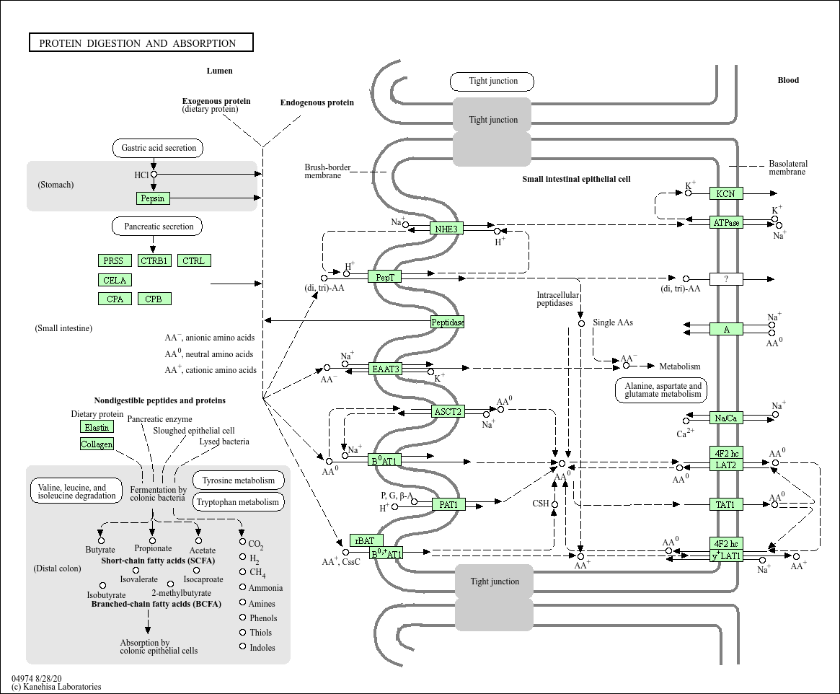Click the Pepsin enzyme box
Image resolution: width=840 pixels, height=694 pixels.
click(x=153, y=198)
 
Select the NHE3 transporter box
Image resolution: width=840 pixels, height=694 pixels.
click(x=446, y=229)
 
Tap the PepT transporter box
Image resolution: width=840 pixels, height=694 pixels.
click(x=385, y=276)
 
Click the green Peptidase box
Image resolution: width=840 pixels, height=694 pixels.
click(x=448, y=322)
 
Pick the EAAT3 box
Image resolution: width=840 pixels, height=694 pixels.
click(x=385, y=369)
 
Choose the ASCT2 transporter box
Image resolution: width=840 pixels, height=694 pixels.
click(x=448, y=412)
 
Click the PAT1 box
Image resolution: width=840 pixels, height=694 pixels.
click(x=448, y=504)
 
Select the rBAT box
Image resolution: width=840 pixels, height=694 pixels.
click(x=366, y=540)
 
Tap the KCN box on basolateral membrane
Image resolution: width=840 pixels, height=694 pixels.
click(x=726, y=193)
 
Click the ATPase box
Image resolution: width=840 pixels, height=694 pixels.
click(x=726, y=222)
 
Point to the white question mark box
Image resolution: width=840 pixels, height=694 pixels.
click(x=726, y=278)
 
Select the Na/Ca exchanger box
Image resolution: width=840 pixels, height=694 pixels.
click(x=726, y=418)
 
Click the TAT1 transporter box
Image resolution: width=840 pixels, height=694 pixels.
click(x=726, y=504)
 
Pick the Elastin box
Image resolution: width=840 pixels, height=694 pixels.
click(x=97, y=427)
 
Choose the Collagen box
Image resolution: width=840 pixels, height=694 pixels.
click(x=97, y=444)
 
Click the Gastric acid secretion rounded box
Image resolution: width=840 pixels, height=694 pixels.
click(x=158, y=148)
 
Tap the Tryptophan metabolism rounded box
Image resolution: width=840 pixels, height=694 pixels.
click(x=238, y=502)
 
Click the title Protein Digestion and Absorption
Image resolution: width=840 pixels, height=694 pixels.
click(x=141, y=43)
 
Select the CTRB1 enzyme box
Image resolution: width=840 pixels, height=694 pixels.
click(x=154, y=260)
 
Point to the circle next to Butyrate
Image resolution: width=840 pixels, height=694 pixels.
click(x=101, y=540)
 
